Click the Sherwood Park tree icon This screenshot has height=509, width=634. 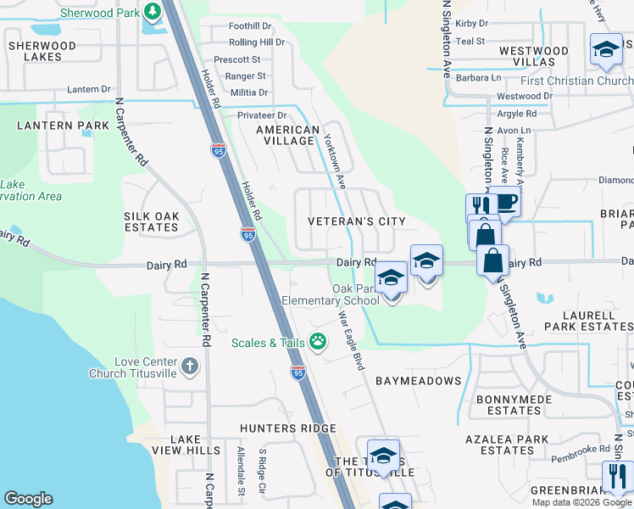pyautogui.click(x=152, y=12)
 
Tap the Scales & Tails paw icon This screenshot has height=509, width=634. pyautogui.click(x=319, y=342)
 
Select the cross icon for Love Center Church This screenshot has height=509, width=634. pyautogui.click(x=189, y=366)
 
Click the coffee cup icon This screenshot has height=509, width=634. pyautogui.click(x=507, y=202)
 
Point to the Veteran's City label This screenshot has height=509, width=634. pyautogui.click(x=356, y=221)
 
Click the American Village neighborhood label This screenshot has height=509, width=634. pyautogui.click(x=287, y=136)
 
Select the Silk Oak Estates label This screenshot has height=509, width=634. pyautogui.click(x=152, y=222)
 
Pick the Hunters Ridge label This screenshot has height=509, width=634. pyautogui.click(x=287, y=428)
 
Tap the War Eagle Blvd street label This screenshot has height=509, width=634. pyautogui.click(x=351, y=340)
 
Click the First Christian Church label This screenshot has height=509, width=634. pyautogui.click(x=576, y=81)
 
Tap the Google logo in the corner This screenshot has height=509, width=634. pyautogui.click(x=28, y=500)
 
